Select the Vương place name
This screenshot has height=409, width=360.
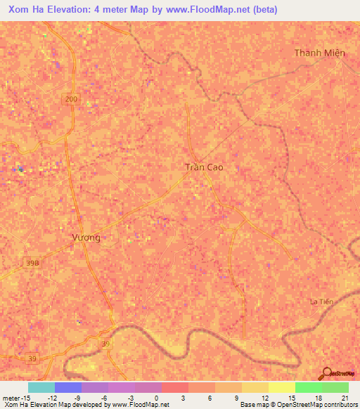point(86,238)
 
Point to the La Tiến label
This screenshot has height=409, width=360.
point(321,301)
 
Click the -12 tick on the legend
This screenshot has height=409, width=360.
point(52,398)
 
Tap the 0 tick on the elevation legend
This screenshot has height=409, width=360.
point(157,398)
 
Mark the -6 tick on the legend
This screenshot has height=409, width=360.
point(104,398)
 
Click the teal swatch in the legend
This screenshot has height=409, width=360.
point(41,387)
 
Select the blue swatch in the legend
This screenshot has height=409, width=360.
point(68,387)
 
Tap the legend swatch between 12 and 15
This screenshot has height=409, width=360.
point(282,387)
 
